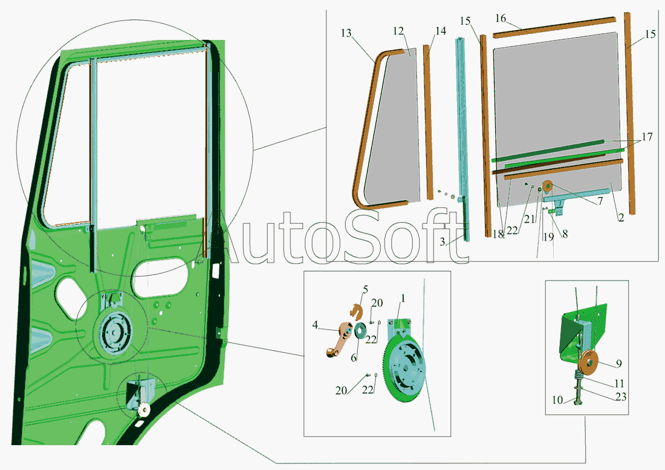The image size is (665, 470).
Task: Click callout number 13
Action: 346,33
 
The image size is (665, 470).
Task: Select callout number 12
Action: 398,31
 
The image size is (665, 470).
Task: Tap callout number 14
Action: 441,31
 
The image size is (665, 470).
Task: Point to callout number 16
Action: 501,18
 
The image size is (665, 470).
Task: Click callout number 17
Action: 647,137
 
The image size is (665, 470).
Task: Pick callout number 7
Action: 600,200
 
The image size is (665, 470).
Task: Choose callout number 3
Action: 443,242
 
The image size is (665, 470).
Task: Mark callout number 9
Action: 619,364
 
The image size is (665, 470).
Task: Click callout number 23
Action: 620,397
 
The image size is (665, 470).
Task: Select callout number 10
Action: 557,400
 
